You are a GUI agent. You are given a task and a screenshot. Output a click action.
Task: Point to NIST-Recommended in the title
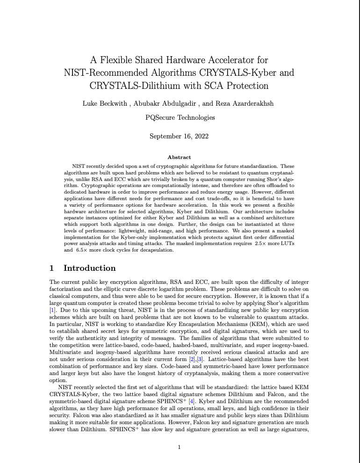[x=106, y=73]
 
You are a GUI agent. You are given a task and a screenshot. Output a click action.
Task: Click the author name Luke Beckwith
[x=103, y=104]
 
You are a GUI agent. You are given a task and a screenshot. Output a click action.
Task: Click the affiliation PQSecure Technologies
[x=180, y=117]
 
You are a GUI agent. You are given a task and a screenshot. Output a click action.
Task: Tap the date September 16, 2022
[x=179, y=136]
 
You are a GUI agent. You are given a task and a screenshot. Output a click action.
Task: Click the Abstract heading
[x=179, y=157]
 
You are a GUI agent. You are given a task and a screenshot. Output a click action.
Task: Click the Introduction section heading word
[x=89, y=268]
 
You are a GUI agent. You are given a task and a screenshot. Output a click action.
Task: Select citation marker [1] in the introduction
[x=53, y=310]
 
